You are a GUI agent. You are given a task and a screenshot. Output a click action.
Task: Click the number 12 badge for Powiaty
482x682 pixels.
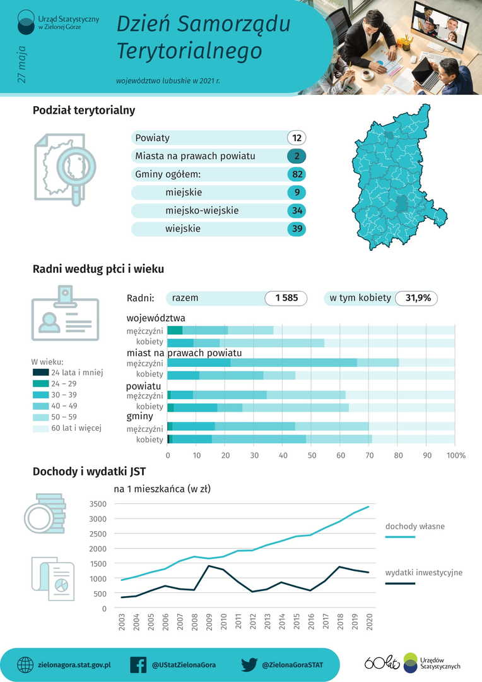coord(297,138)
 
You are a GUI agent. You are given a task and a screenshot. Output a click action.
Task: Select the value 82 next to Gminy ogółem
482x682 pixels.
coord(297,174)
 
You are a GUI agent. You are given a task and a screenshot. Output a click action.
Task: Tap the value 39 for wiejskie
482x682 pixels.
coord(297,229)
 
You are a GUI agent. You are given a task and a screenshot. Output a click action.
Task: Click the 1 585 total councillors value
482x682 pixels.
coord(286,298)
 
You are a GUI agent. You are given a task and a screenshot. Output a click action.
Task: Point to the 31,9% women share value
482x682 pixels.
coord(417,298)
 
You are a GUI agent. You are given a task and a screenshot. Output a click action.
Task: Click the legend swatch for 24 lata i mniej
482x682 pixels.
coord(40,373)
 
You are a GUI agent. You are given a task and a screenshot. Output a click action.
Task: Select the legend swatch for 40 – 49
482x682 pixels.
coord(40,406)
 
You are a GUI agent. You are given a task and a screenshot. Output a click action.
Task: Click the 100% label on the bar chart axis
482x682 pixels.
coord(456,455)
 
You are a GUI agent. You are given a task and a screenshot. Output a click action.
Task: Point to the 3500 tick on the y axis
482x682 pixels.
coord(98,504)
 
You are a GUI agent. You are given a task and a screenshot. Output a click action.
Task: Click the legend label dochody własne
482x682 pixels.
coord(414,526)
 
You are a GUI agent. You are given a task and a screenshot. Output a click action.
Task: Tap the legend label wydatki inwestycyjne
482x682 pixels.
coord(423,573)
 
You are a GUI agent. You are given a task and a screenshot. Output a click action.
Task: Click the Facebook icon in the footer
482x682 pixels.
coord(138,665)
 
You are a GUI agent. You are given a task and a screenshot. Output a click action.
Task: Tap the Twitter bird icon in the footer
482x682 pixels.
coord(250,665)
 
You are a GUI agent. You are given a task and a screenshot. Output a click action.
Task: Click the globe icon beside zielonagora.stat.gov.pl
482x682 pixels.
coord(25,665)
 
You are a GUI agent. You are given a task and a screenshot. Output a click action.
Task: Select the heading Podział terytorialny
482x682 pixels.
coord(84,111)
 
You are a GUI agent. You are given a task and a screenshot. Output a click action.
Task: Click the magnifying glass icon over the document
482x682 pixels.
coord(74,167)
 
